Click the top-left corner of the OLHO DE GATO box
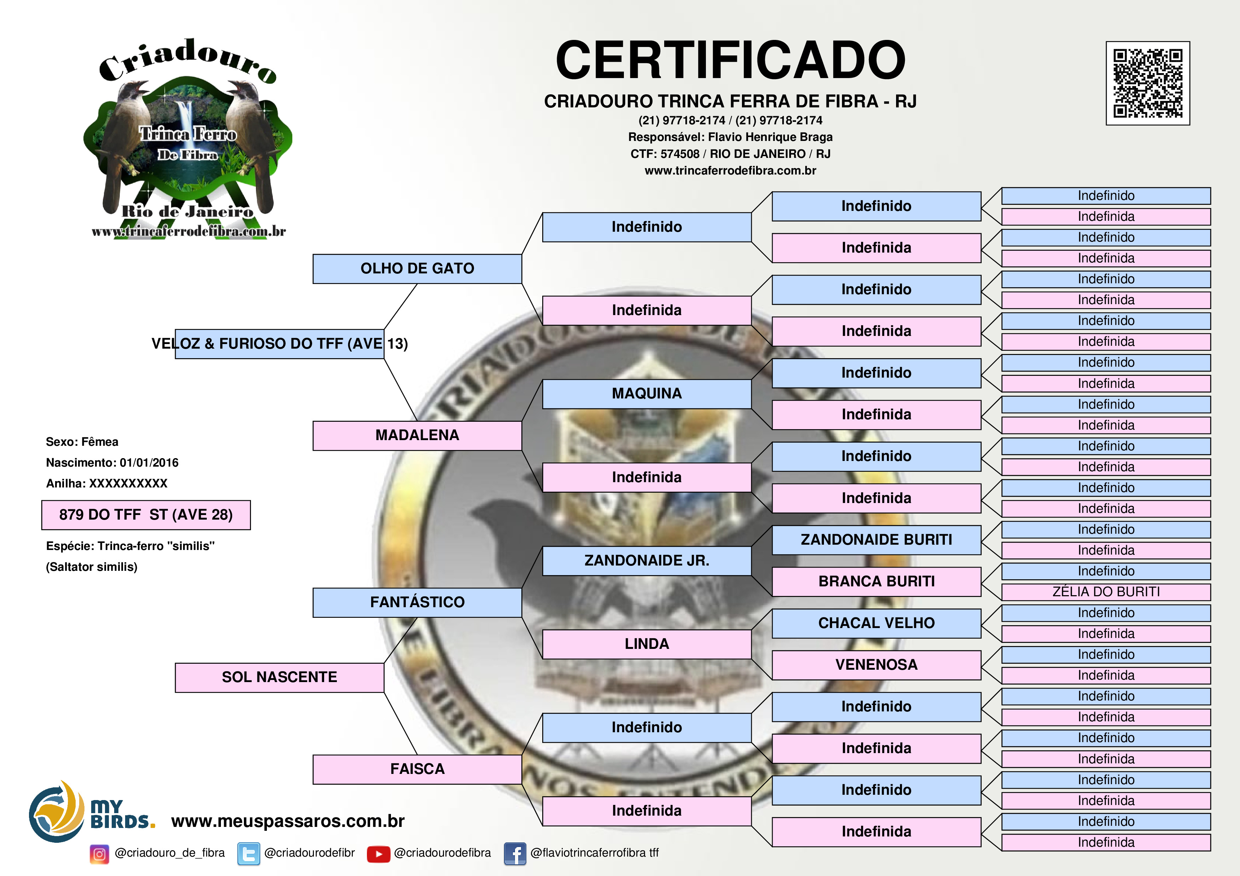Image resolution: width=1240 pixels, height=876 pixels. point(313,255)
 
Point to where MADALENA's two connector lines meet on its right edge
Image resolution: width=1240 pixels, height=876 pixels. point(522,436)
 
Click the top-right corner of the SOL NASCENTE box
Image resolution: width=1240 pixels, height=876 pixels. point(384,663)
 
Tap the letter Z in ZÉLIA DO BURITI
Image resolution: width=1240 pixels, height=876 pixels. point(1057,592)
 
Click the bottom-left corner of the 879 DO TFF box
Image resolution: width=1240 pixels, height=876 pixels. point(42,529)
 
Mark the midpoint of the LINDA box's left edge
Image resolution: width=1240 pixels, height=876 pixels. point(543,644)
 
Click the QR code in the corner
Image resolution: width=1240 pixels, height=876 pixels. point(1148,83)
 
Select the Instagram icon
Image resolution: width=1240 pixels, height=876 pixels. point(99,854)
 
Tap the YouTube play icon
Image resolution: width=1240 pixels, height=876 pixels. point(379,854)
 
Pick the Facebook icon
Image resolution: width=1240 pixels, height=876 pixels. point(515,854)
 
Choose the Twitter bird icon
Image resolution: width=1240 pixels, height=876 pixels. point(248,854)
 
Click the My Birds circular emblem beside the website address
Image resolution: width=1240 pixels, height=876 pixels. point(56,812)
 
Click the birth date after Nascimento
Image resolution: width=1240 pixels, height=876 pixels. point(149,463)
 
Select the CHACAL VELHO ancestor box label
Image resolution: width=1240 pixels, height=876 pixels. point(876,623)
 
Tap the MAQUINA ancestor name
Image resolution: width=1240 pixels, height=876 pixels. point(647,393)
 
